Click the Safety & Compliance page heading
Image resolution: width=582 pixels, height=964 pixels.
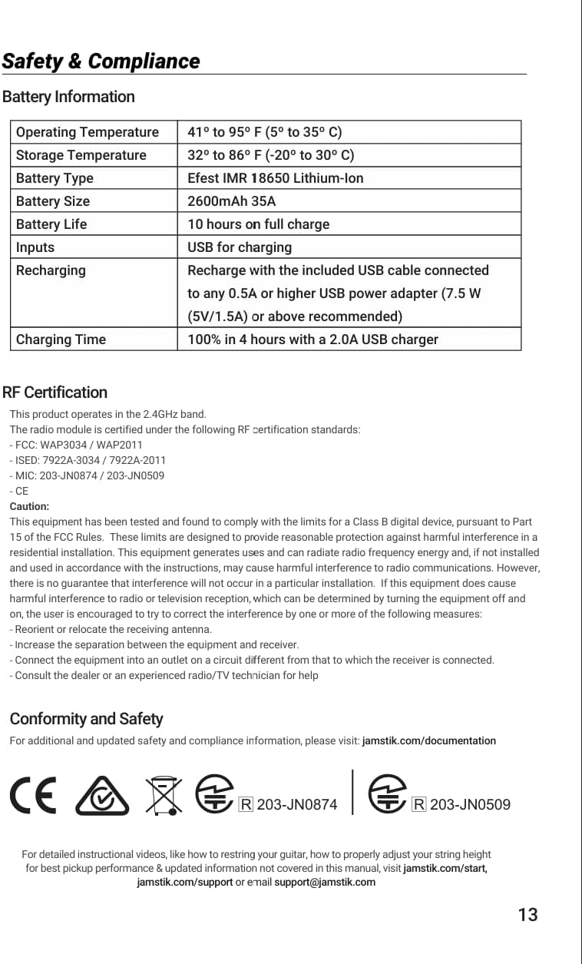pyautogui.click(x=101, y=61)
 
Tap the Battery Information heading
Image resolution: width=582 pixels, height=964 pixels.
pyautogui.click(x=68, y=97)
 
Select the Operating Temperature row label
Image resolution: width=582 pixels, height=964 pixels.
pyautogui.click(x=88, y=132)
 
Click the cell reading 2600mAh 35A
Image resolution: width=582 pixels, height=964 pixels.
pyautogui.click(x=231, y=201)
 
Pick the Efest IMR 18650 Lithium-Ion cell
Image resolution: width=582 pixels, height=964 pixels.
pyautogui.click(x=276, y=178)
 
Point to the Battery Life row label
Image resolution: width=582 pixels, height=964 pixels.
pyautogui.click(x=51, y=224)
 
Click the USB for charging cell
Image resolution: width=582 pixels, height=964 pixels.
pyautogui.click(x=240, y=247)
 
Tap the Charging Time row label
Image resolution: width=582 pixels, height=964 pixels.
pyautogui.click(x=61, y=340)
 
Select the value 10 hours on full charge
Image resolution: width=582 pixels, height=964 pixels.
pyautogui.click(x=259, y=224)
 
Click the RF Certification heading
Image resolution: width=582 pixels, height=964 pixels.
pyautogui.click(x=55, y=393)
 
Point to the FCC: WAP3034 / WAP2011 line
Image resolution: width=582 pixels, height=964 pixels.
pyautogui.click(x=76, y=445)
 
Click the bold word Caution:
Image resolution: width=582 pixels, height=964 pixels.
pyautogui.click(x=29, y=506)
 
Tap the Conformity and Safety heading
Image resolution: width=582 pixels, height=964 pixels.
pyautogui.click(x=86, y=719)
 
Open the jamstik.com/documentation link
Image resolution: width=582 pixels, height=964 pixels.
pyautogui.click(x=428, y=741)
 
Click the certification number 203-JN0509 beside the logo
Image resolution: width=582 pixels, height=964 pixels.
pyautogui.click(x=470, y=805)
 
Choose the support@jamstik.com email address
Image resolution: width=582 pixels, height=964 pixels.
pyautogui.click(x=325, y=882)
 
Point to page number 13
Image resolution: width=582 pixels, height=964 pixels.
pyautogui.click(x=527, y=915)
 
